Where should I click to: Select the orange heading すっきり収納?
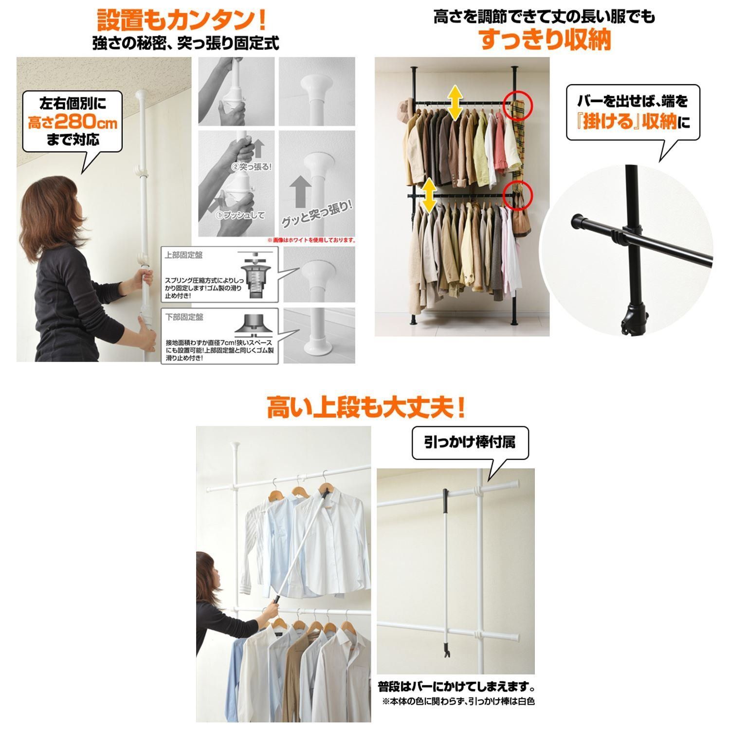pos(545,40)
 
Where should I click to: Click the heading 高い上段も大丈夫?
pos(365,407)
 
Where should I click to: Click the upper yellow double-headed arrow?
pos(455,102)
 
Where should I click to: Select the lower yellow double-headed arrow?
pos(429,195)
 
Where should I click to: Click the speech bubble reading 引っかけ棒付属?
pos(470,443)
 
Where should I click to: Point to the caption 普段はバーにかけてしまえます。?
pos(456,687)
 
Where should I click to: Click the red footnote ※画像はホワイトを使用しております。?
pos(311,240)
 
